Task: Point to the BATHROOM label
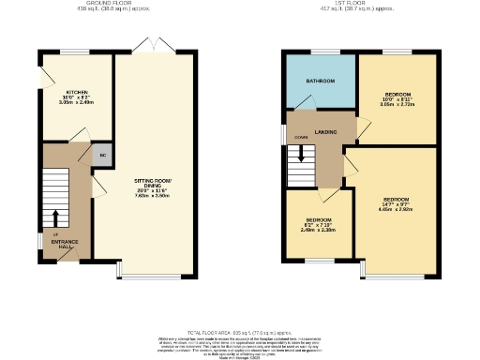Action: (320, 81)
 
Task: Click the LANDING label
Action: (325, 132)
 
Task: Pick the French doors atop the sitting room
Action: (143, 46)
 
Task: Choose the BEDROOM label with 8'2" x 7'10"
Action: (317, 220)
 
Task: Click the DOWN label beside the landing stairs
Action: (301, 138)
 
